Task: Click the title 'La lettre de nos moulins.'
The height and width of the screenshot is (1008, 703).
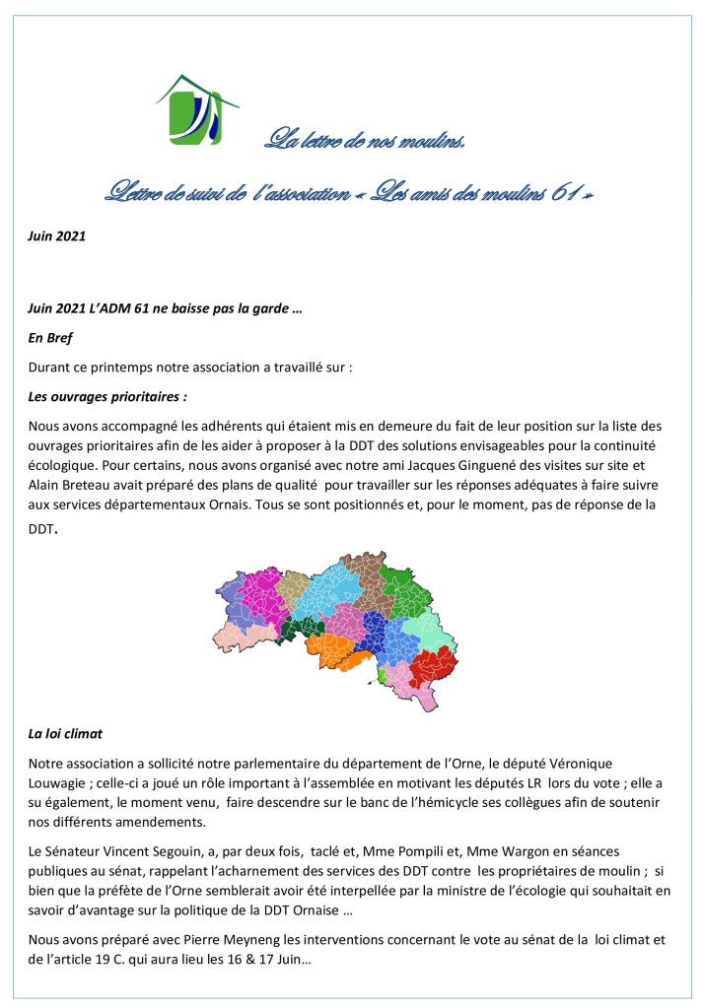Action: (364, 139)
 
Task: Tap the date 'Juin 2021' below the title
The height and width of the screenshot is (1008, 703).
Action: (57, 235)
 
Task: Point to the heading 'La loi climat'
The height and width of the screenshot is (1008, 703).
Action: (65, 734)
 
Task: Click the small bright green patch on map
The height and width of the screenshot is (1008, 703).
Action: (382, 676)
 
